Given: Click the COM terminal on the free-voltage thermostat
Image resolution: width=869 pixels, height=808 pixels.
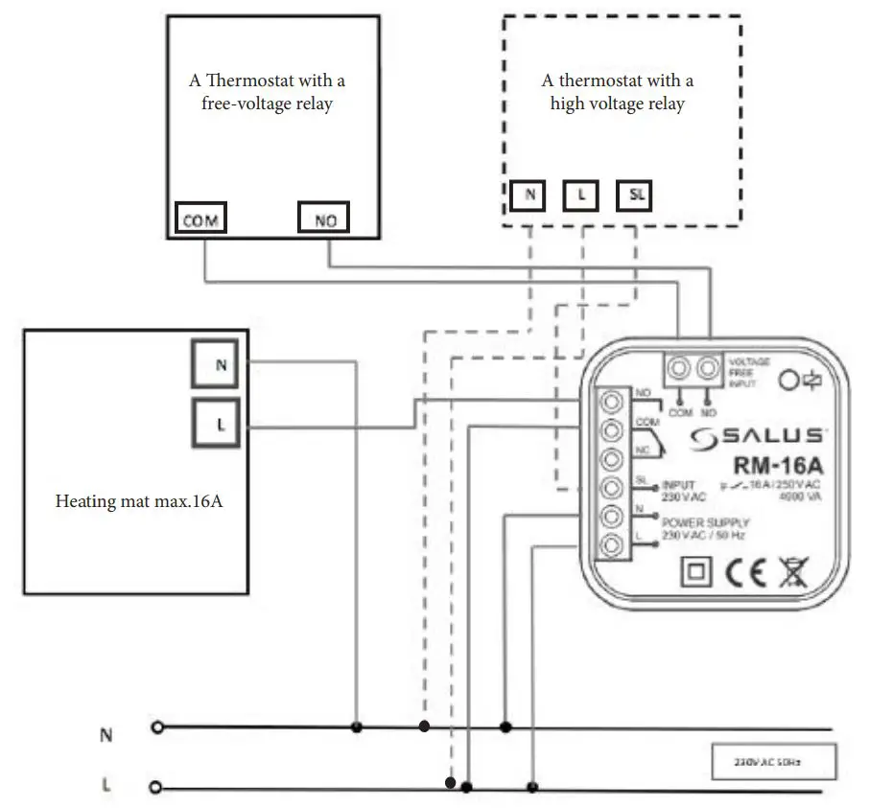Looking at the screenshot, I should tap(200, 219).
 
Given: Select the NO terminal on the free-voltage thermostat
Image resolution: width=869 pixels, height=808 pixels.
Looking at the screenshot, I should tap(324, 219).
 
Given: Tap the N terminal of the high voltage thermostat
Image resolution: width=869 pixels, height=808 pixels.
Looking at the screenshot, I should tap(528, 196).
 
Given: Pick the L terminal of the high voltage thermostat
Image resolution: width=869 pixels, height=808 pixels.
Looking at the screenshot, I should tap(582, 196).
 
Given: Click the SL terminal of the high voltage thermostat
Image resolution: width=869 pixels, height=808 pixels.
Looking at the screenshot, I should tap(638, 196).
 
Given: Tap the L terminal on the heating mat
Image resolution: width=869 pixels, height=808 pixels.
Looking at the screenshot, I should tap(221, 425).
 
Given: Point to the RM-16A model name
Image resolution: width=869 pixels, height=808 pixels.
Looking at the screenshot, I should tap(778, 467).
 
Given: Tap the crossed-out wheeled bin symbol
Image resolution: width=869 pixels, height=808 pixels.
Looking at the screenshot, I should tap(792, 572).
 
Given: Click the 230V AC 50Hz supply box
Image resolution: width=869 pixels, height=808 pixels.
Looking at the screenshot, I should tap(773, 763).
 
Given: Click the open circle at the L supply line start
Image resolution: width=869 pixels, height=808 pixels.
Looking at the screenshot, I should tap(157, 788).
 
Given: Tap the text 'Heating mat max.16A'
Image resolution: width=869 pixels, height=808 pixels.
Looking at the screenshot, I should tap(139, 501).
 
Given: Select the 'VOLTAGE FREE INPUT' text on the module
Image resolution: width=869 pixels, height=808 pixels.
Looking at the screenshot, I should tap(748, 372).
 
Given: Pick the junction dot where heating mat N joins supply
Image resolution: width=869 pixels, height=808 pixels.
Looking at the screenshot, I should tap(357, 728).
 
